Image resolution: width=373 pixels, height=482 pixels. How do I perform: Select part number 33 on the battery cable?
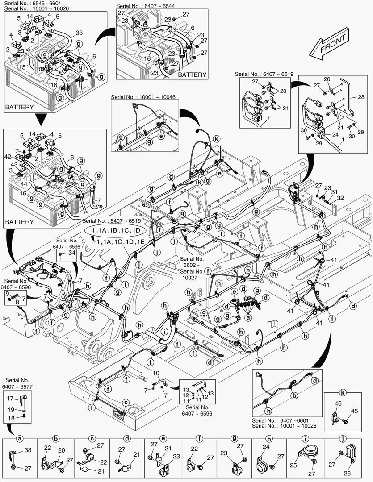pos(79,33)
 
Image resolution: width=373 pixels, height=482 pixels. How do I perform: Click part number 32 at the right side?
pos(340,198)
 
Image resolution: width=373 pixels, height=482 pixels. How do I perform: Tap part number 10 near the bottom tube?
pos(156,373)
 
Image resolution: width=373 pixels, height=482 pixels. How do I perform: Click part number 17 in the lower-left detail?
pos(10,398)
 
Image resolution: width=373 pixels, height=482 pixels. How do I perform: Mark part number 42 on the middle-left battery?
pos(8,157)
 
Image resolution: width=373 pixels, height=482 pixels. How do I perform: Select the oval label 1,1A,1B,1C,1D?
pos(116,230)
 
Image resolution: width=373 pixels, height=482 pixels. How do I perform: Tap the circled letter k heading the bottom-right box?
pos(343,393)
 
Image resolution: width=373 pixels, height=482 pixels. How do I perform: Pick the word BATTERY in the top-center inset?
pos(192,75)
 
